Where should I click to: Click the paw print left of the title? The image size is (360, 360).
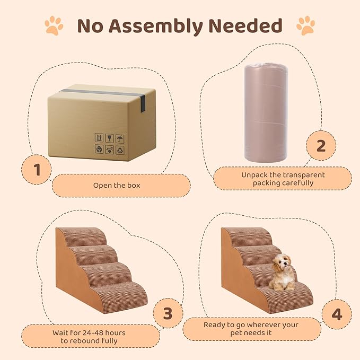coord(54,25)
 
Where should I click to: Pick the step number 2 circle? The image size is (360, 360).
coord(321,146)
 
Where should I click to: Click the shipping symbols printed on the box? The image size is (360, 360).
coord(109,143)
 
